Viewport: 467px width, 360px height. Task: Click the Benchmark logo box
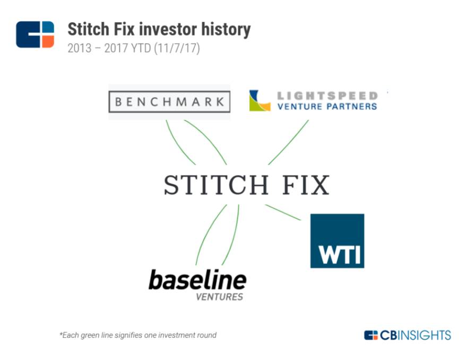click(169, 101)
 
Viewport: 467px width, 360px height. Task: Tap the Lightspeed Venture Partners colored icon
click(260, 100)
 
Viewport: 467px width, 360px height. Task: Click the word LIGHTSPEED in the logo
click(327, 96)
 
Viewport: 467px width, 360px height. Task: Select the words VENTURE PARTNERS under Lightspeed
click(327, 106)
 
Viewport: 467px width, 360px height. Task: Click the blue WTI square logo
click(337, 241)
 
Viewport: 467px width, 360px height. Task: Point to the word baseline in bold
click(197, 279)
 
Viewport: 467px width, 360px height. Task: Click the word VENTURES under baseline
click(220, 297)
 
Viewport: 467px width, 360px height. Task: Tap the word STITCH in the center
click(217, 185)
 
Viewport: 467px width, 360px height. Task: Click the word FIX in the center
click(306, 185)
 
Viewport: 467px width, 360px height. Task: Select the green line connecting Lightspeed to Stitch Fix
click(288, 142)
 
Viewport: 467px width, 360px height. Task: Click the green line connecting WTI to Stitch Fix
click(283, 212)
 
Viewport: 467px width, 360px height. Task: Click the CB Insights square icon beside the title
click(35, 35)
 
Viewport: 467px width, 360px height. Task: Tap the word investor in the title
click(168, 29)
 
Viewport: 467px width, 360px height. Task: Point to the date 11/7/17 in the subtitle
click(177, 48)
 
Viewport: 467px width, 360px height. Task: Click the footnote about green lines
click(138, 335)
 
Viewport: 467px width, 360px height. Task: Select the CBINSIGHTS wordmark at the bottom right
click(415, 335)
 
